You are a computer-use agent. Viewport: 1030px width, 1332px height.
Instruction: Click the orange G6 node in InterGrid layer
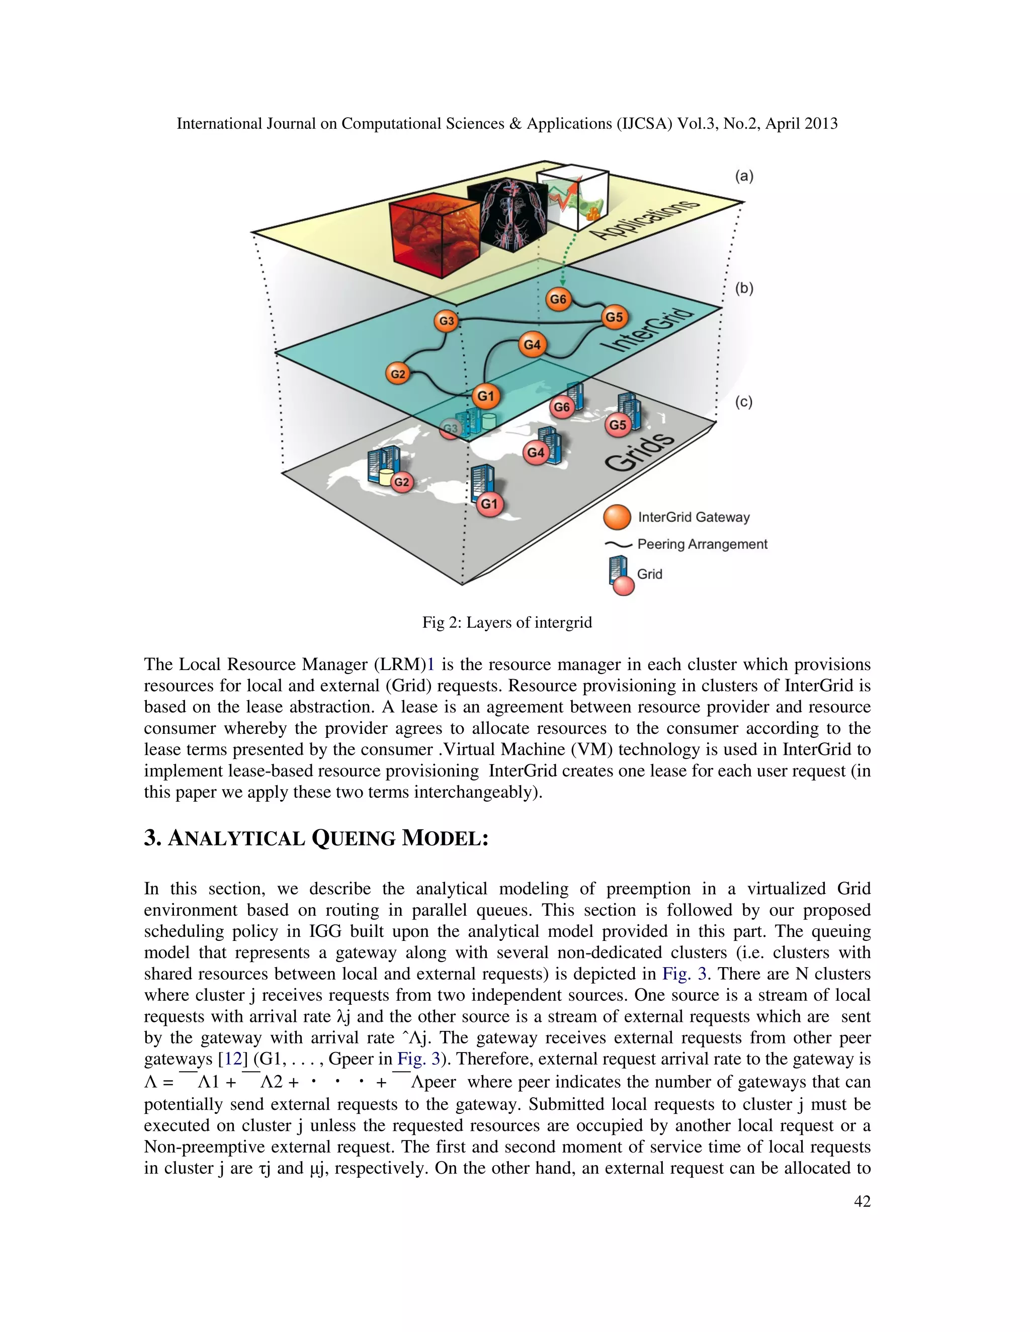coord(558,299)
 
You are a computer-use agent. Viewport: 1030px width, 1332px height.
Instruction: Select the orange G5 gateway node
coord(614,317)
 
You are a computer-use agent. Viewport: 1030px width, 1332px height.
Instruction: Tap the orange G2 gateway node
coord(398,374)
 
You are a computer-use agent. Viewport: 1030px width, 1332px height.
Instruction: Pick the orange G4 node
coord(532,345)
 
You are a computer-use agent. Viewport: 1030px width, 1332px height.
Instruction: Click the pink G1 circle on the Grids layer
coord(489,504)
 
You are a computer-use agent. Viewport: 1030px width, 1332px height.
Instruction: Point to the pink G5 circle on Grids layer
coord(618,425)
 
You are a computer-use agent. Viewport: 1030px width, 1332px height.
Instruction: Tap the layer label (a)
coord(744,176)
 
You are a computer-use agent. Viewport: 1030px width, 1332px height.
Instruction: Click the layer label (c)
coord(743,402)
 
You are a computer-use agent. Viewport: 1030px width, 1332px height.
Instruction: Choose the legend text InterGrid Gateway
coord(694,517)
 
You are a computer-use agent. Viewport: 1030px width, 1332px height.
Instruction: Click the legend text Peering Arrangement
coord(702,544)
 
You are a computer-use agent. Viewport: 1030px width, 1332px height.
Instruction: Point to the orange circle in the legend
coord(617,517)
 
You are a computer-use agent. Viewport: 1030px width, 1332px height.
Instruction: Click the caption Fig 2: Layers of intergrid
coord(507,622)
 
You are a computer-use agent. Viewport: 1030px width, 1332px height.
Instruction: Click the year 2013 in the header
coord(821,124)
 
